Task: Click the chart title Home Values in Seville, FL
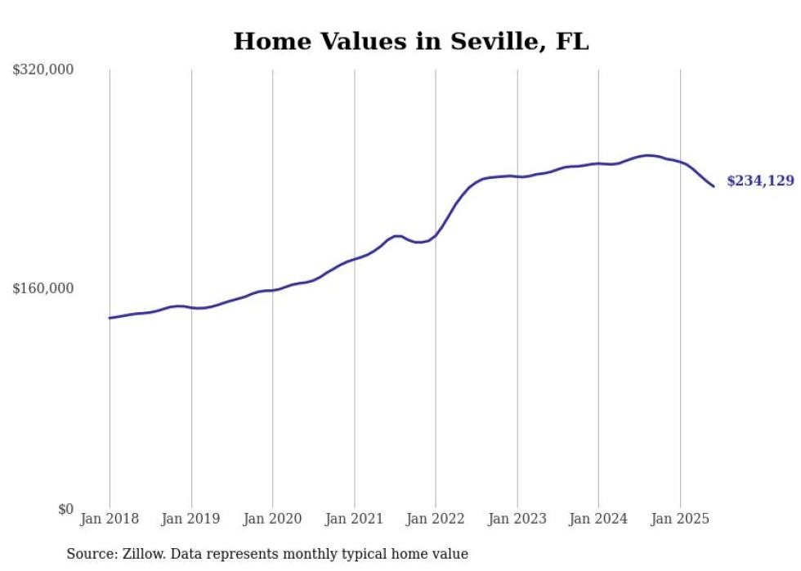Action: pos(411,41)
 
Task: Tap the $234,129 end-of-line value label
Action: pos(760,181)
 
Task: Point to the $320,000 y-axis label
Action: pos(43,69)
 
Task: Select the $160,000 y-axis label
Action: pos(43,288)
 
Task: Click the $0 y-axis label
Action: pos(65,509)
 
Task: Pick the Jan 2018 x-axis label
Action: pos(110,519)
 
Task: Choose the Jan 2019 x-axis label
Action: pos(191,519)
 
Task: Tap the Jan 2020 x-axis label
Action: pos(272,519)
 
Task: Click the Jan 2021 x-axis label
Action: pos(354,519)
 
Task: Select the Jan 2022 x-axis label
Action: pos(436,519)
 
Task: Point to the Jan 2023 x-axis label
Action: pos(517,519)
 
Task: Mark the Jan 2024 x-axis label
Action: pos(598,519)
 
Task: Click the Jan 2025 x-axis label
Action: pos(679,519)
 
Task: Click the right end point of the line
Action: pos(714,186)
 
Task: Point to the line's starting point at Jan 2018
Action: pos(110,318)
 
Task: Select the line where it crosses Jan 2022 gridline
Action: pos(436,234)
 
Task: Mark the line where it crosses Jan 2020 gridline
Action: pos(272,290)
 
